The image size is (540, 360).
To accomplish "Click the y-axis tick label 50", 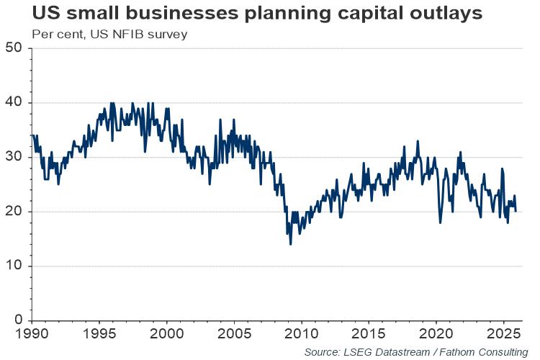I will (14, 48).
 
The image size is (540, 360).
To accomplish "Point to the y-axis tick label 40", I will (14, 103).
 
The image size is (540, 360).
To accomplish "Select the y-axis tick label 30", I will (14, 157).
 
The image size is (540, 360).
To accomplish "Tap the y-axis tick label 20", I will (14, 212).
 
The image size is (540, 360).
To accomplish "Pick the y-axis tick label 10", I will (14, 266).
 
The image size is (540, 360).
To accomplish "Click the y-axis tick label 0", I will (19, 320).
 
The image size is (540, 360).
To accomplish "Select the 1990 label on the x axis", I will (33, 335).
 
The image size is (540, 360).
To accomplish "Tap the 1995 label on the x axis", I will (100, 335).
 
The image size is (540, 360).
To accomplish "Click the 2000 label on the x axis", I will (167, 335).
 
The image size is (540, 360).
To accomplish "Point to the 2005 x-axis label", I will (235, 335).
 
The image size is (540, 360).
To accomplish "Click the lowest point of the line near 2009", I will (290, 244).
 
